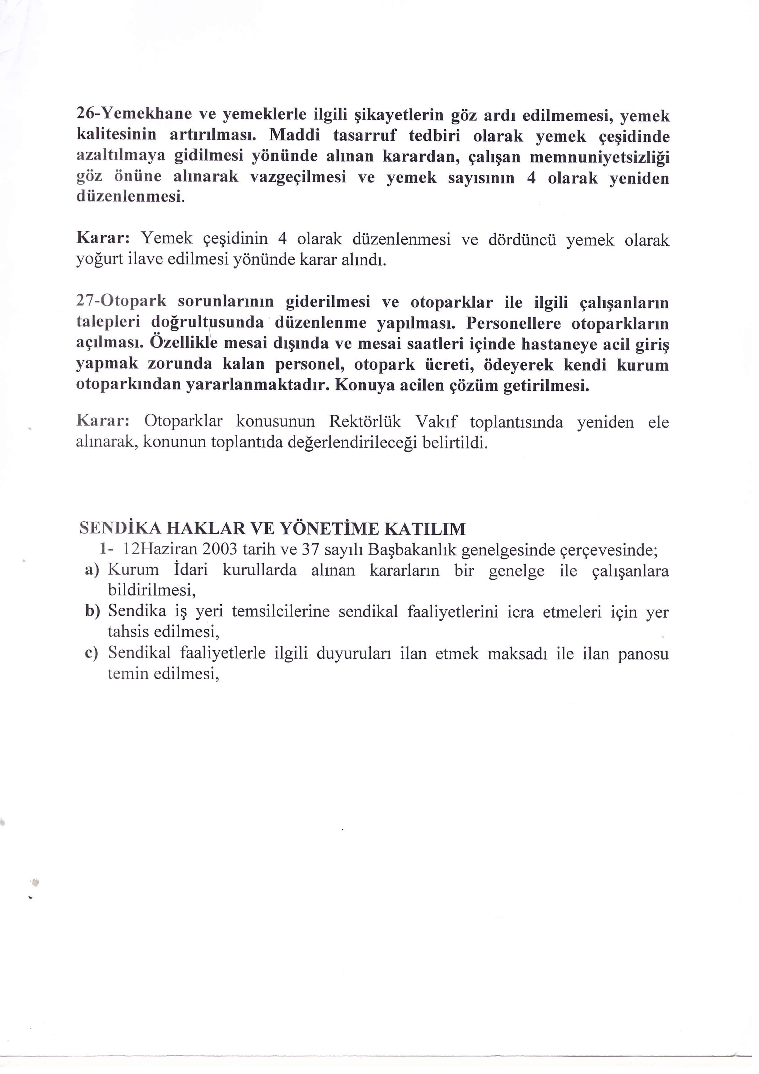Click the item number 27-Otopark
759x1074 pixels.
[x=121, y=302]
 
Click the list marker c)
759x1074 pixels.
[x=92, y=653]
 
